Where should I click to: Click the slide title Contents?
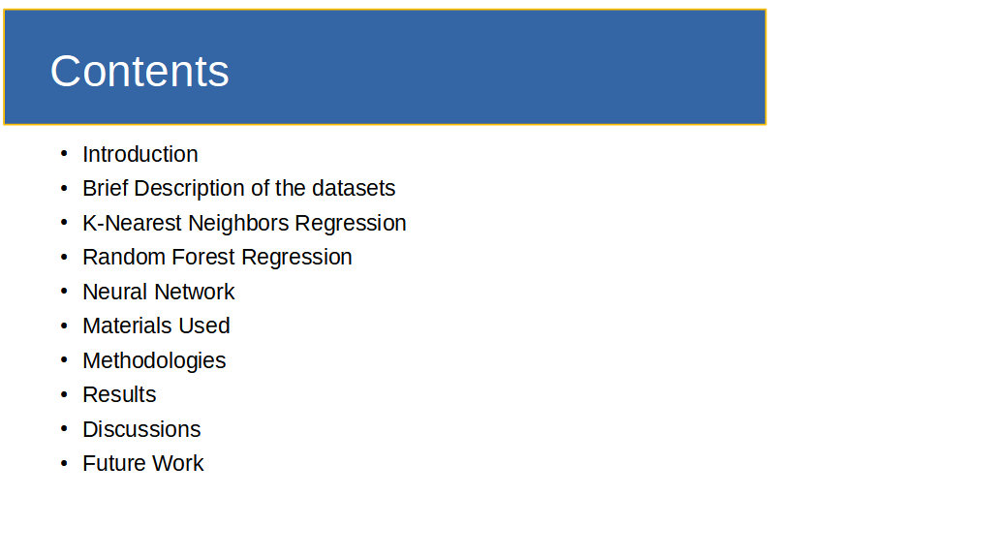[x=139, y=71]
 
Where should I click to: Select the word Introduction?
[x=140, y=154]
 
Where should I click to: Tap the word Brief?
[x=106, y=189]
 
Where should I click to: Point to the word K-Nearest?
[x=132, y=224]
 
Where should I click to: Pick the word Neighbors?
[x=238, y=224]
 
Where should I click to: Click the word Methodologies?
[x=154, y=360]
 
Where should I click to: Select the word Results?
[x=119, y=395]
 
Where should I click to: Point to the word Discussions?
[x=141, y=429]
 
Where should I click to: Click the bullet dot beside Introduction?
[x=64, y=153]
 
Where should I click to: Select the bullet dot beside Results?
[x=64, y=393]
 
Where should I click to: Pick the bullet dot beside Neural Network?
[x=64, y=291]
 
